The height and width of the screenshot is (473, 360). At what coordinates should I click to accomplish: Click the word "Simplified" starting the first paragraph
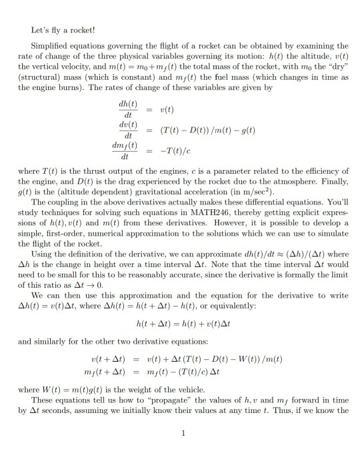[x=49, y=46]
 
